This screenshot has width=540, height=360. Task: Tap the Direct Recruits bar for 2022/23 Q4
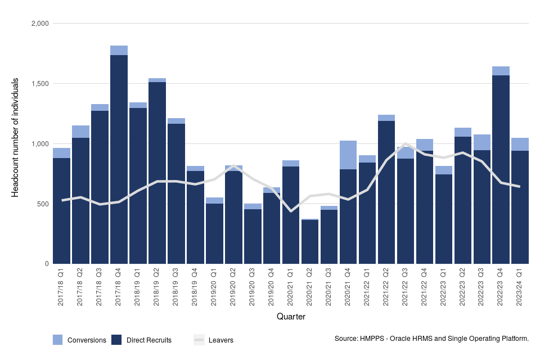501,169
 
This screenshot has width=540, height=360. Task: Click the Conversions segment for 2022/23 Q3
481,142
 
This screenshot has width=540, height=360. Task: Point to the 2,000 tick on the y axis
39,24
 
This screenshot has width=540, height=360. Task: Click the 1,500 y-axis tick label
39,84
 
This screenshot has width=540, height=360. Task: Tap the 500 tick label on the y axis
43,204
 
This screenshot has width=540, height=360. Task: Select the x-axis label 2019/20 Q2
233,287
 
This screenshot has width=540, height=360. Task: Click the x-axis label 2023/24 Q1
520,287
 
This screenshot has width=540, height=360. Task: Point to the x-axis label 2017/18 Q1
61,287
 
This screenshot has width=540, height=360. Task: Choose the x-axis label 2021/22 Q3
406,287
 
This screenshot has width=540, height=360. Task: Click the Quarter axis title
291,317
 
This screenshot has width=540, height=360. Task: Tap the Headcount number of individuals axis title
16,138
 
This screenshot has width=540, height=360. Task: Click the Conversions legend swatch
58,340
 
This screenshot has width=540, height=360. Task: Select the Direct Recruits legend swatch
116,340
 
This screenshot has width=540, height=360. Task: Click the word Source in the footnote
346,339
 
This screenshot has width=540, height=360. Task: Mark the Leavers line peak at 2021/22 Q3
406,144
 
